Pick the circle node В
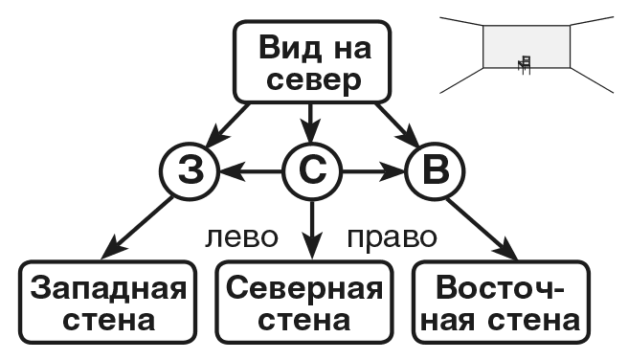pyautogui.click(x=435, y=173)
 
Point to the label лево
pyautogui.click(x=241, y=236)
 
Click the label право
pyautogui.click(x=391, y=236)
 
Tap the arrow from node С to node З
pyautogui.click(x=251, y=173)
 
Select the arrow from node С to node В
pyautogui.click(x=373, y=173)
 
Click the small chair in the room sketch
pyautogui.click(x=524, y=64)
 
